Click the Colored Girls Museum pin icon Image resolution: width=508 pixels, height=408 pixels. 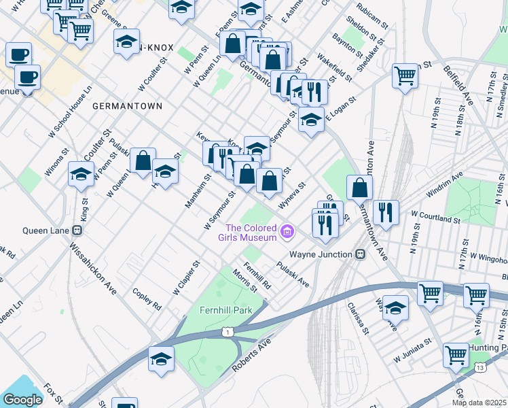tap(287, 233)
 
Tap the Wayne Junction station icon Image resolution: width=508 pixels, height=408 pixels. tap(361, 254)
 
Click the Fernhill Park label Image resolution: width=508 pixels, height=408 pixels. tap(225, 310)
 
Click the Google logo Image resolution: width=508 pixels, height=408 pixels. tap(22, 400)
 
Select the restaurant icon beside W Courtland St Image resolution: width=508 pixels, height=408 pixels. tap(385, 211)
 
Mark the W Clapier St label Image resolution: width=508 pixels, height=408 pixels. tap(186, 277)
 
